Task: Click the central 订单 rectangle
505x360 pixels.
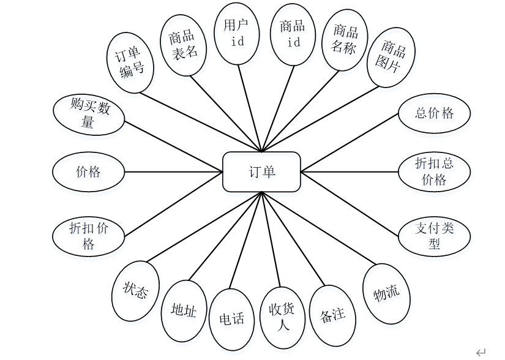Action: (261, 172)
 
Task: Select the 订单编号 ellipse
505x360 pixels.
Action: (130, 63)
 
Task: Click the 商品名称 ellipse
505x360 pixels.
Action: (345, 40)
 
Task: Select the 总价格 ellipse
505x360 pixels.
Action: (434, 113)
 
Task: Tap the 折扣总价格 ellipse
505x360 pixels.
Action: (434, 172)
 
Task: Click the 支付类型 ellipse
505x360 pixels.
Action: (434, 236)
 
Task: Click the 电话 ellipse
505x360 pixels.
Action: (231, 318)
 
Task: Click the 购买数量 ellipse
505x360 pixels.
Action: (89, 114)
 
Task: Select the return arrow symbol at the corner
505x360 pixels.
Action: (481, 352)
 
